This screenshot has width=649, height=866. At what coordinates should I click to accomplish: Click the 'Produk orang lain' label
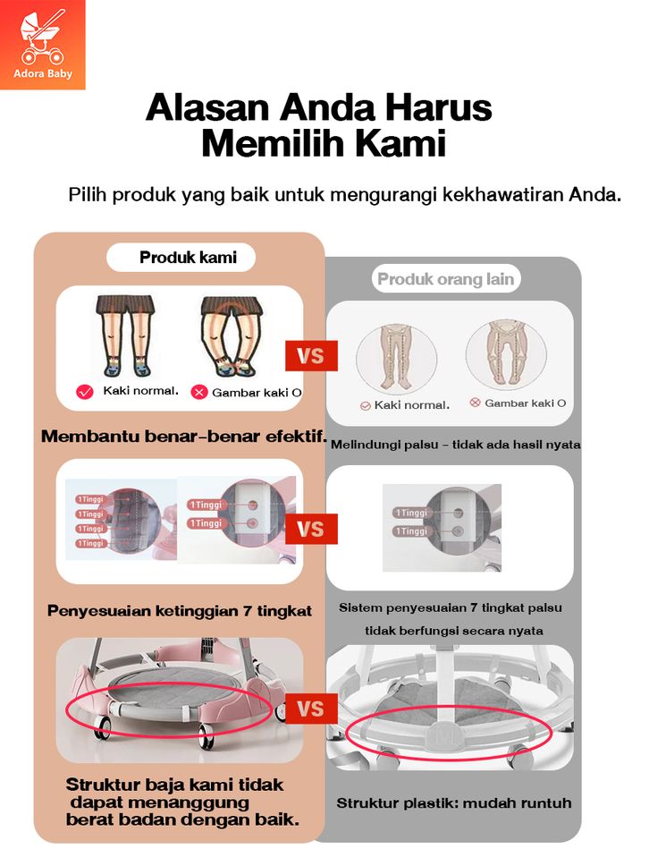tap(445, 279)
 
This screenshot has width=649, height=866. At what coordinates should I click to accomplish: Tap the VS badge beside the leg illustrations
tap(310, 357)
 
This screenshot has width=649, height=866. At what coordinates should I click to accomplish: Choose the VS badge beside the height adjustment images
tap(310, 529)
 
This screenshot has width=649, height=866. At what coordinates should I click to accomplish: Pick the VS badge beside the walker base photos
tap(310, 709)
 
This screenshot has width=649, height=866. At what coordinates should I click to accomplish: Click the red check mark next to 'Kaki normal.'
tap(86, 392)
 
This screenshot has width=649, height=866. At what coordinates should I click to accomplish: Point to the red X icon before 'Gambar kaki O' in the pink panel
tap(199, 392)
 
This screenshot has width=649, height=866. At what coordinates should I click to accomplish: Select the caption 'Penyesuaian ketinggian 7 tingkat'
tap(180, 611)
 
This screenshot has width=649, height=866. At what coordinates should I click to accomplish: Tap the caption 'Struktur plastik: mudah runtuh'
tap(453, 802)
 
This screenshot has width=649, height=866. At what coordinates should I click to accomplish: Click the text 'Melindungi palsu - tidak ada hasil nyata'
tap(455, 444)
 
